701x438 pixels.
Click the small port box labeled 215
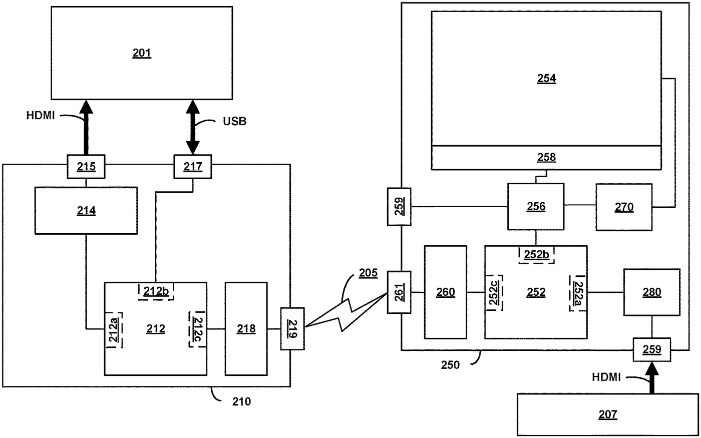[x=86, y=166]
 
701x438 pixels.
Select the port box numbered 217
[x=193, y=166]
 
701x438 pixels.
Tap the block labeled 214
[x=86, y=211]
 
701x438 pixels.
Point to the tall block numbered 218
[x=246, y=328]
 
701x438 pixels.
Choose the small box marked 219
[x=292, y=328]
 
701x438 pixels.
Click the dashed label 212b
[x=156, y=291]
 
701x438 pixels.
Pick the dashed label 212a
[x=114, y=328]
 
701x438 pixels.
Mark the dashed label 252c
[x=494, y=292]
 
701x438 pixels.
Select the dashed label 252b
[x=536, y=255]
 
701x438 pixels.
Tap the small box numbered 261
[x=399, y=292]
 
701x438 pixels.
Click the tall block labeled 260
[x=445, y=292]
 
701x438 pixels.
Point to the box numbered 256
[x=536, y=206]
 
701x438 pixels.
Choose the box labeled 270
[x=624, y=207]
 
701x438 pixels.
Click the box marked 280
[x=651, y=292]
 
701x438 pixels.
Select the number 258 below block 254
[x=546, y=157]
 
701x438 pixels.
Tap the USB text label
[x=234, y=121]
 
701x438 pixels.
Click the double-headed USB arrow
[x=192, y=127]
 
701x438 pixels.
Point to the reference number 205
[x=368, y=273]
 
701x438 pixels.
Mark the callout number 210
[x=241, y=401]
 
